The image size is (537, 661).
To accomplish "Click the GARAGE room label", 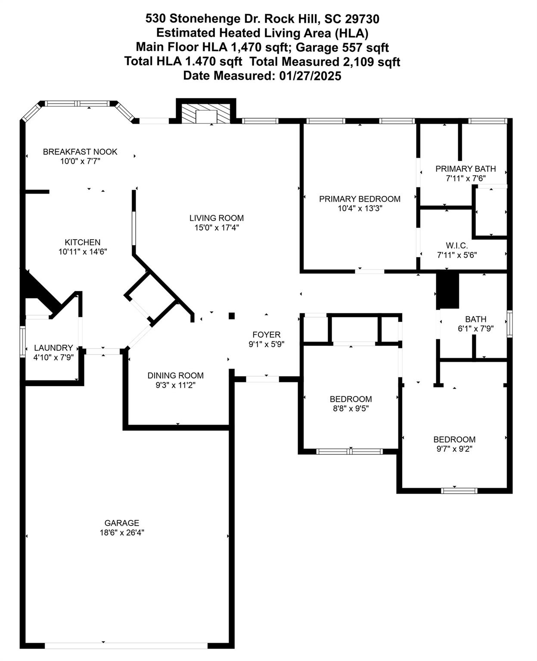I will (x=121, y=523).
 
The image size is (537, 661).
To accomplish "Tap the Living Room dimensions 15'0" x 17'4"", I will (x=217, y=228).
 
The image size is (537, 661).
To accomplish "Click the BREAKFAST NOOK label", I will (x=80, y=151).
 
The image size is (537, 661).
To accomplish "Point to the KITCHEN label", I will (x=82, y=242).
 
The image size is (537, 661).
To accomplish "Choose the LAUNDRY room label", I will (x=53, y=348).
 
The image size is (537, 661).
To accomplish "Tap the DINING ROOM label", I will (x=175, y=375).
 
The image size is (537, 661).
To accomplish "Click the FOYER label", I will (x=266, y=334).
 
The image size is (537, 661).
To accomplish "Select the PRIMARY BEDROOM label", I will (x=360, y=199).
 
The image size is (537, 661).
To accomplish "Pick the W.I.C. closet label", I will (x=456, y=245).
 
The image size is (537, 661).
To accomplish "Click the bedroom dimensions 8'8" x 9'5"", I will (x=351, y=408).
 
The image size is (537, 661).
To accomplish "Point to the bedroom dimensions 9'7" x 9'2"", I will (x=454, y=449).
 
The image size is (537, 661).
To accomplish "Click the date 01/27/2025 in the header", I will (x=310, y=76).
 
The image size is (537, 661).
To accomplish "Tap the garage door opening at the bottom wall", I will (x=126, y=646).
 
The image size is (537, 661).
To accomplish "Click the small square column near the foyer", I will (x=231, y=316).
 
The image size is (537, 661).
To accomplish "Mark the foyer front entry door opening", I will (x=262, y=379).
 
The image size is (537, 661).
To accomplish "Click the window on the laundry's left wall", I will (x=23, y=341).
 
